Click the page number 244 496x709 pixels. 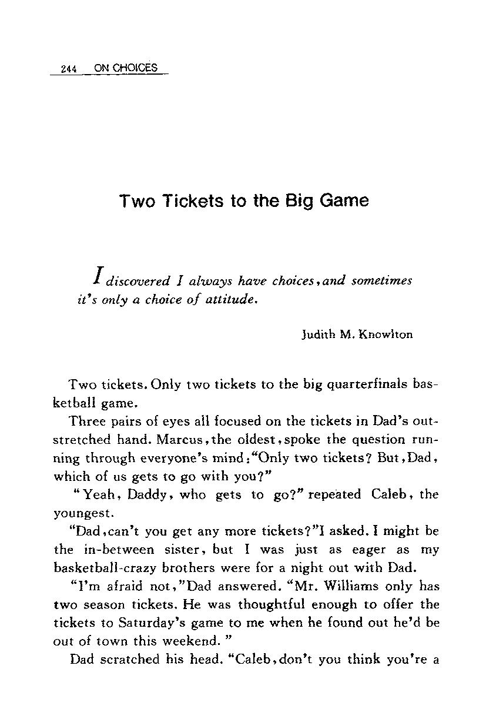(69, 69)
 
